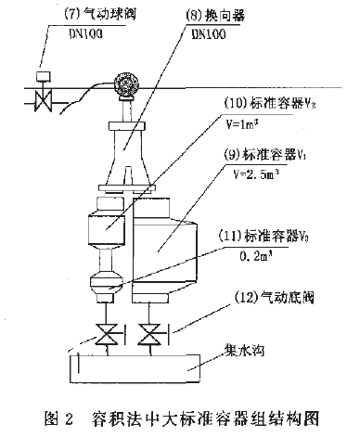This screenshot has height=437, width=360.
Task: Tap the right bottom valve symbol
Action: tap(148, 332)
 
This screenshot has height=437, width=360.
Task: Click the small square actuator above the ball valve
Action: tap(41, 75)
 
